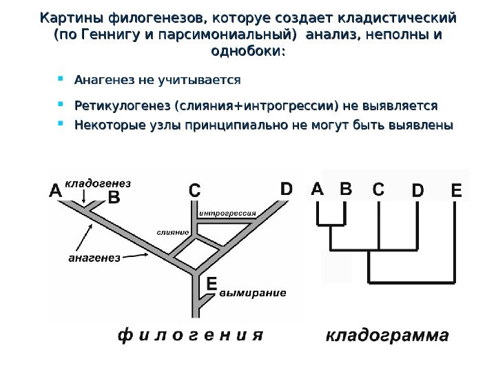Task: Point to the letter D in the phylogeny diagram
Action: (286, 188)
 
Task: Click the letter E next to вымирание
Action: (211, 284)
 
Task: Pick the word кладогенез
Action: (98, 183)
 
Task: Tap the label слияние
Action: (173, 232)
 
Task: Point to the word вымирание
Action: (253, 293)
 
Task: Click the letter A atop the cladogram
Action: (317, 189)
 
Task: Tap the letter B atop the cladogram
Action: (345, 189)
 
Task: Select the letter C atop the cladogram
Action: (379, 189)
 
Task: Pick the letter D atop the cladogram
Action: (417, 190)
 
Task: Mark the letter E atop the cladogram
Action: (457, 190)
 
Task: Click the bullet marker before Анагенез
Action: (61, 79)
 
